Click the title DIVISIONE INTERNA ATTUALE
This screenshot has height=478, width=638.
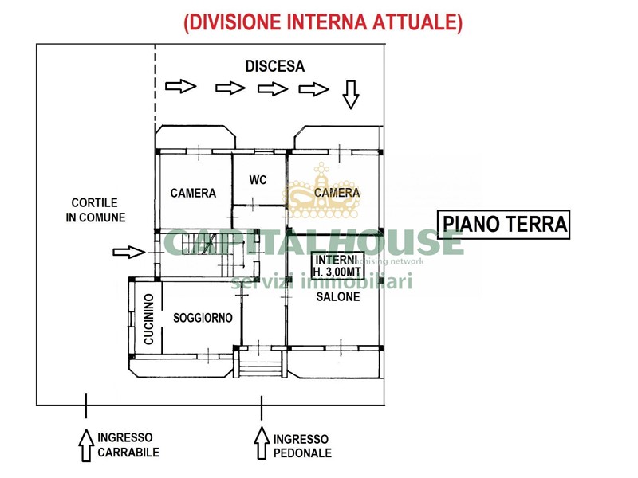[x=322, y=23]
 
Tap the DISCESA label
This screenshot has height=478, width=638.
[x=274, y=67]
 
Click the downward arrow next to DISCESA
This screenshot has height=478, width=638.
[x=350, y=95]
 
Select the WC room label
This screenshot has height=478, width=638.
[x=258, y=180]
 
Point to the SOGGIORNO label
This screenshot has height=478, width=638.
[x=203, y=318]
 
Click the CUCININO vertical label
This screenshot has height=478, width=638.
[x=148, y=319]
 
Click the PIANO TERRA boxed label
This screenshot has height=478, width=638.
[x=506, y=225]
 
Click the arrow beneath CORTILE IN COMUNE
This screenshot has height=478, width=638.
[x=128, y=253]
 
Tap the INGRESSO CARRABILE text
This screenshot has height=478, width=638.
[x=128, y=445]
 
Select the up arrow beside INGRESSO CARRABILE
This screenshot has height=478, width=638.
[x=85, y=444]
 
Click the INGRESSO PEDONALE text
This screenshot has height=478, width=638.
[x=301, y=446]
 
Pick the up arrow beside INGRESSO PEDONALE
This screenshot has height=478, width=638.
[x=261, y=444]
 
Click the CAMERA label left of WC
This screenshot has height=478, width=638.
[x=193, y=193]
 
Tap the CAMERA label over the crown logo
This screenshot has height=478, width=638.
[x=337, y=193]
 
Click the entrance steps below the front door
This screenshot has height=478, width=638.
[x=262, y=369]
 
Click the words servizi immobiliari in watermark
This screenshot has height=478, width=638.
[x=321, y=281]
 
